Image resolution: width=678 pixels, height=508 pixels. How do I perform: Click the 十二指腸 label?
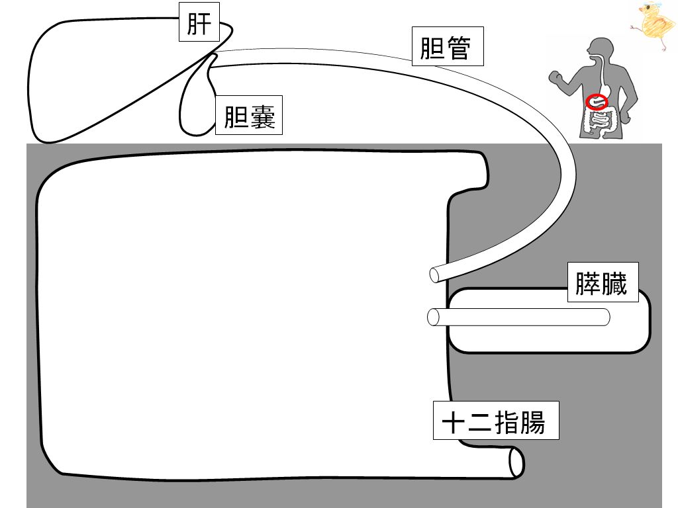[x=496, y=421]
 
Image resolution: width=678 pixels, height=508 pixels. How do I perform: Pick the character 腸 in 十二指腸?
[x=532, y=421]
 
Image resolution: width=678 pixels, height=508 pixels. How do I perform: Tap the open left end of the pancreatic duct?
[x=434, y=317]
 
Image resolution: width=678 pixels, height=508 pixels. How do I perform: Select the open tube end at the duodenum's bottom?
[x=516, y=462]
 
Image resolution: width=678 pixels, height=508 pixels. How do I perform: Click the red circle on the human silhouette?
[x=597, y=102]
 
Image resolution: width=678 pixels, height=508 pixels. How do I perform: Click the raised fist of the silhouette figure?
[x=554, y=76]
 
